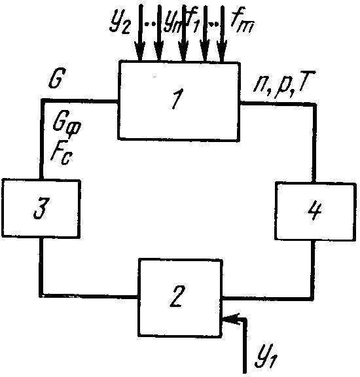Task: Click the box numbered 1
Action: (x=179, y=101)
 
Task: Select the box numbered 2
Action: (x=180, y=298)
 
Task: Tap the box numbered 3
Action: (x=41, y=208)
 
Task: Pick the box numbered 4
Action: (x=315, y=211)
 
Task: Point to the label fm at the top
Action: (x=242, y=21)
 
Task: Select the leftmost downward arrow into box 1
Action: (x=140, y=33)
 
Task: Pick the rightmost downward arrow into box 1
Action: (x=222, y=33)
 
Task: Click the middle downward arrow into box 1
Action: (x=183, y=33)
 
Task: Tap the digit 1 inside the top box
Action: (x=177, y=99)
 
